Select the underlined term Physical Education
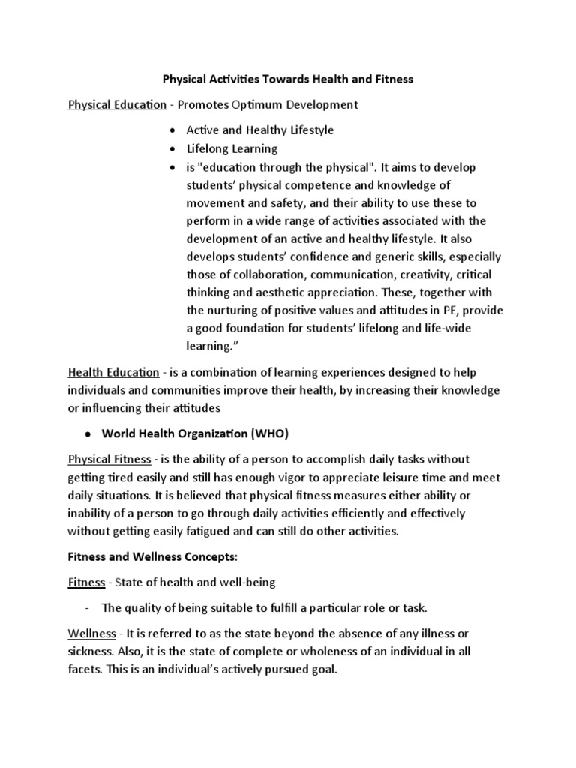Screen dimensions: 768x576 coord(117,104)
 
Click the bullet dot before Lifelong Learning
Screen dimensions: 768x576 coord(172,148)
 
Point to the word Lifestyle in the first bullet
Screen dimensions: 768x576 coord(304,130)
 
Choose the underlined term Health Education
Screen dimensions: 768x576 coord(113,372)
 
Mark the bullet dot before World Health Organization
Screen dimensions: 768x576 coord(88,433)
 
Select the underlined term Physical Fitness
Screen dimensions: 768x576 coord(109,459)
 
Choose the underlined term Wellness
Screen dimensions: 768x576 coord(92,634)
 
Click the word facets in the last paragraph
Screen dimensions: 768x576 coord(85,670)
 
